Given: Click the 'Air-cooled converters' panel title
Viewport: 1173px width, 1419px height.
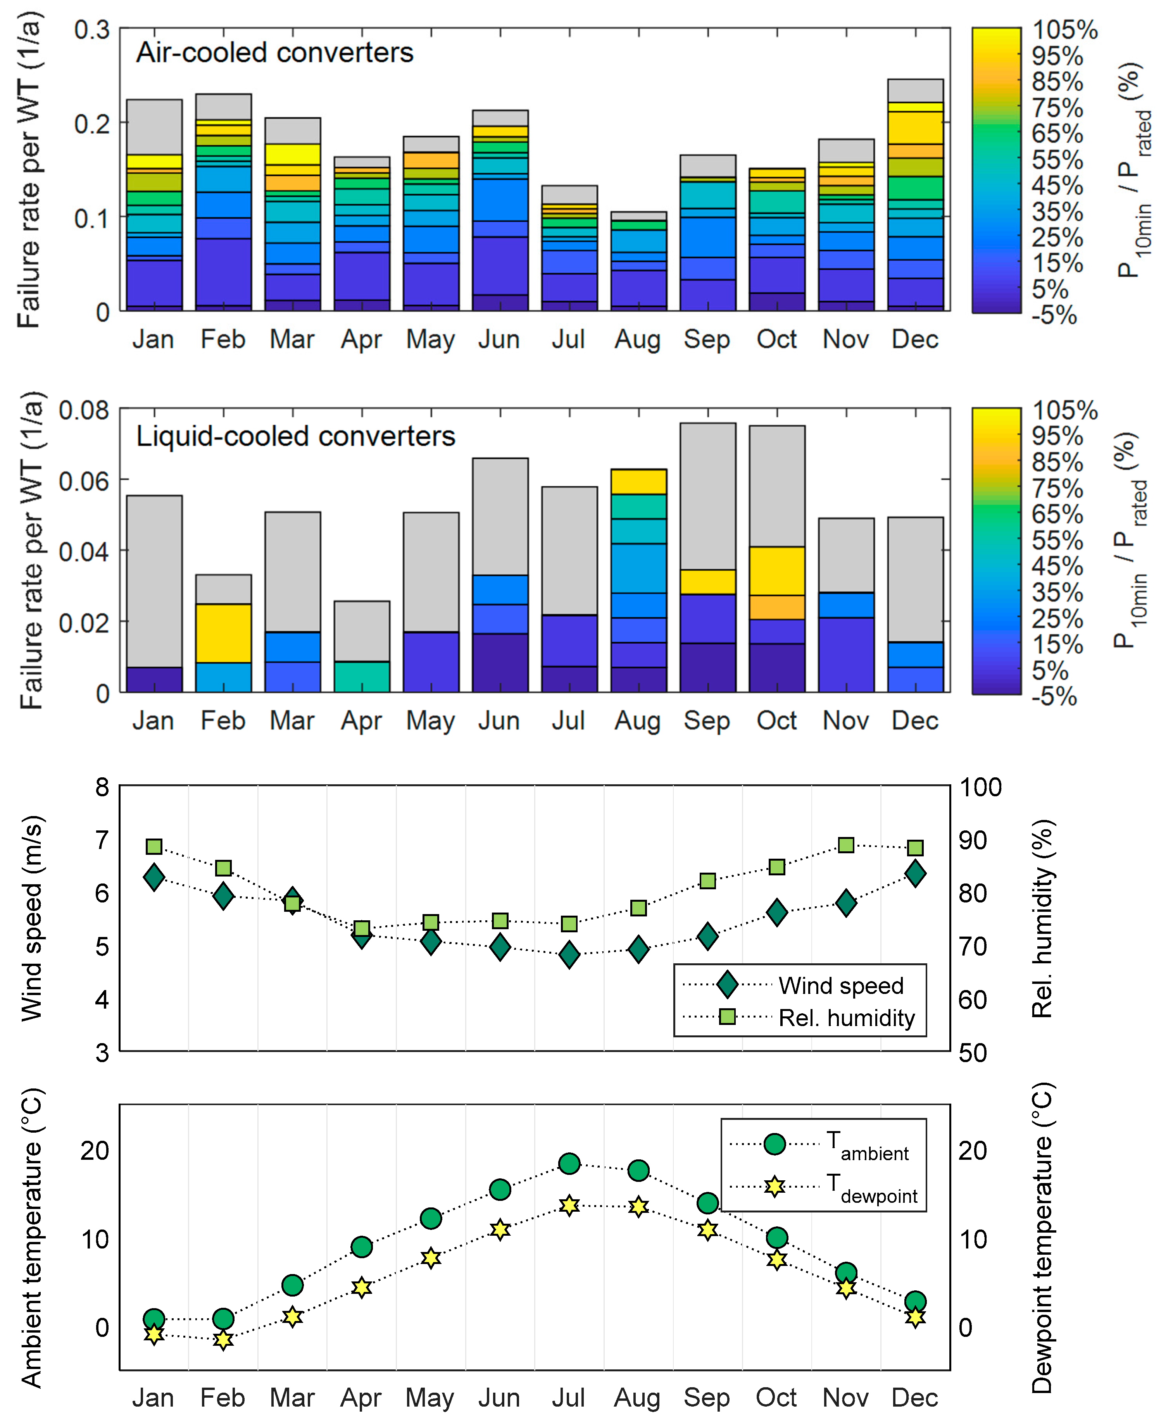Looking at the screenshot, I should [274, 53].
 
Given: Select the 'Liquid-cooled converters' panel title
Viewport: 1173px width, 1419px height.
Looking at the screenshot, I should [295, 436].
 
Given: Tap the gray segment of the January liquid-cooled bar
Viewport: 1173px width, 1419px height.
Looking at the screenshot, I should [154, 581].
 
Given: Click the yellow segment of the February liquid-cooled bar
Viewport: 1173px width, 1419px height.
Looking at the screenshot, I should [223, 633].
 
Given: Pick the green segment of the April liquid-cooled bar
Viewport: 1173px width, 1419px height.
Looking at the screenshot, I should [362, 676].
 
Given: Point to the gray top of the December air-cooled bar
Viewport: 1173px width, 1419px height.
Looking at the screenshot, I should [915, 91].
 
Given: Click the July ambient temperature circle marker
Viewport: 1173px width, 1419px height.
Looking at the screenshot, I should [569, 1163].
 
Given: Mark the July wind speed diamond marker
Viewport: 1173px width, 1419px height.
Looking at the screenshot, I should [569, 954].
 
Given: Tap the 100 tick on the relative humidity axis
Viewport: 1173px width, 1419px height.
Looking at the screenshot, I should [980, 787].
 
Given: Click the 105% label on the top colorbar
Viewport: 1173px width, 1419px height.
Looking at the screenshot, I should [1064, 30].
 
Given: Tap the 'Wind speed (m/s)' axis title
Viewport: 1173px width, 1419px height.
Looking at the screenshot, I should [32, 918].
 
